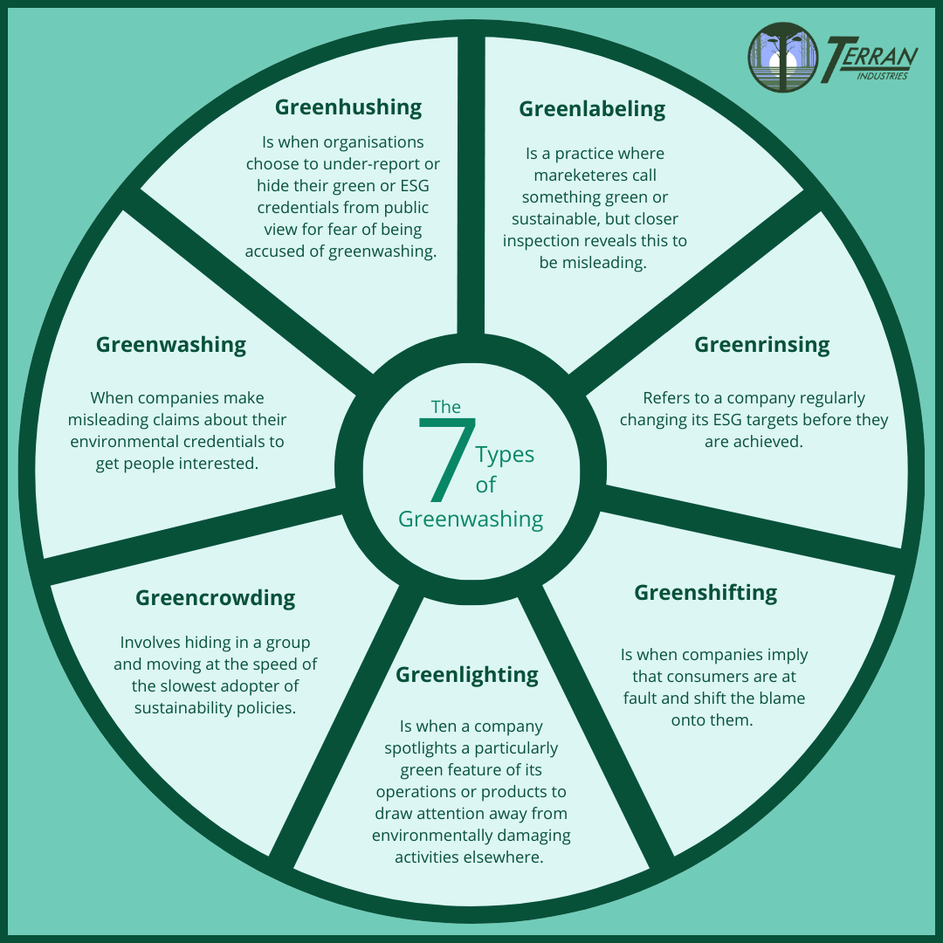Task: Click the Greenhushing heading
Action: coord(348,107)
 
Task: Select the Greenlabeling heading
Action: coord(592,109)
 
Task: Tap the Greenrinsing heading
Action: coord(761,345)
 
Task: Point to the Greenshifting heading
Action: coord(706,593)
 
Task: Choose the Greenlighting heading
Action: coord(467,675)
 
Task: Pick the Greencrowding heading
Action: coord(215,598)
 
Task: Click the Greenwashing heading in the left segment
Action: coord(171,345)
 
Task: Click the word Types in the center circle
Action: coord(505,455)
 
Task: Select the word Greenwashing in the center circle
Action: coord(471,520)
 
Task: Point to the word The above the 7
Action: coord(446,407)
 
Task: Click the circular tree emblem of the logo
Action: coord(782,57)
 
